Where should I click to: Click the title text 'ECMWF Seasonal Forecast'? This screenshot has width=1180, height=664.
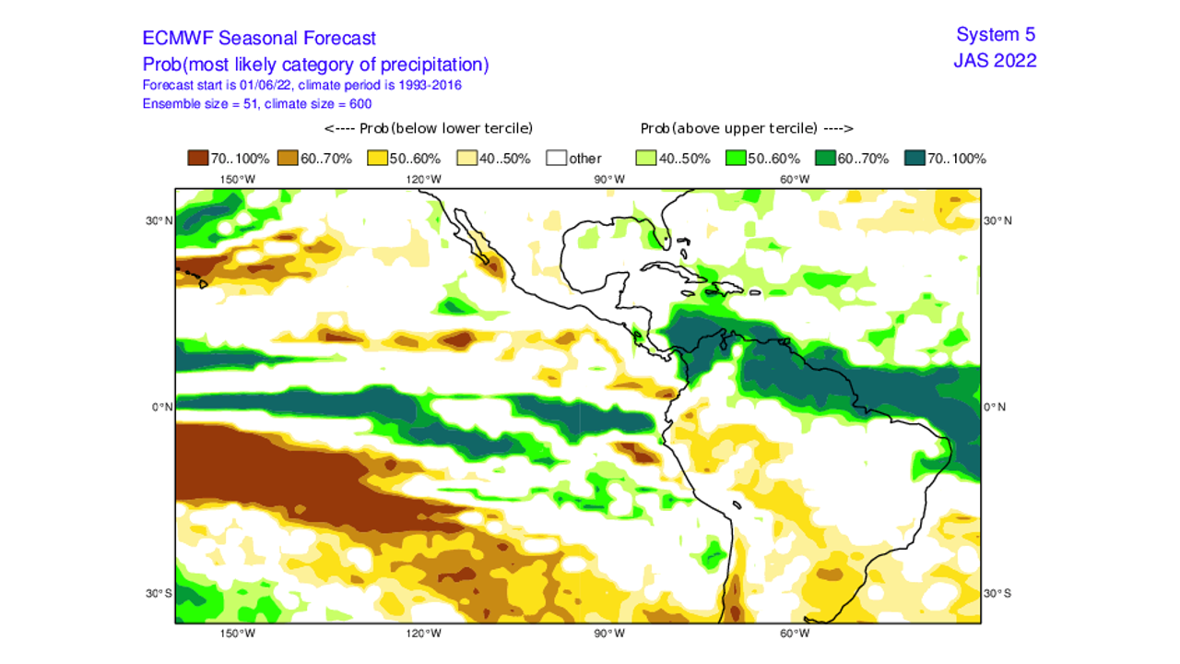(259, 39)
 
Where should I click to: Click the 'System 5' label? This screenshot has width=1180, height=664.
(996, 35)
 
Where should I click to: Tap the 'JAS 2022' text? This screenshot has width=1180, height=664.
(995, 61)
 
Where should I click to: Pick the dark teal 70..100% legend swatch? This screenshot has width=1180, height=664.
(914, 159)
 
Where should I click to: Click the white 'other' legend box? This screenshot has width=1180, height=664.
(557, 159)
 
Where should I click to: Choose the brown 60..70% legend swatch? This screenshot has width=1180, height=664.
(288, 159)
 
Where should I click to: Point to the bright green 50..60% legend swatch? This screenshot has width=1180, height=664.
(736, 159)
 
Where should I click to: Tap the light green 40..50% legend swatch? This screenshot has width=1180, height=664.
(646, 159)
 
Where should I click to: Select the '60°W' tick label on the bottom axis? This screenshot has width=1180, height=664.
(795, 634)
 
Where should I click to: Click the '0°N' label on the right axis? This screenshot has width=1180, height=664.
(996, 407)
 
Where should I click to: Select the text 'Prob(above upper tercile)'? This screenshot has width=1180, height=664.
(728, 128)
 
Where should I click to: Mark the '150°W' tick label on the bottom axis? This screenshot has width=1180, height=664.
(237, 634)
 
